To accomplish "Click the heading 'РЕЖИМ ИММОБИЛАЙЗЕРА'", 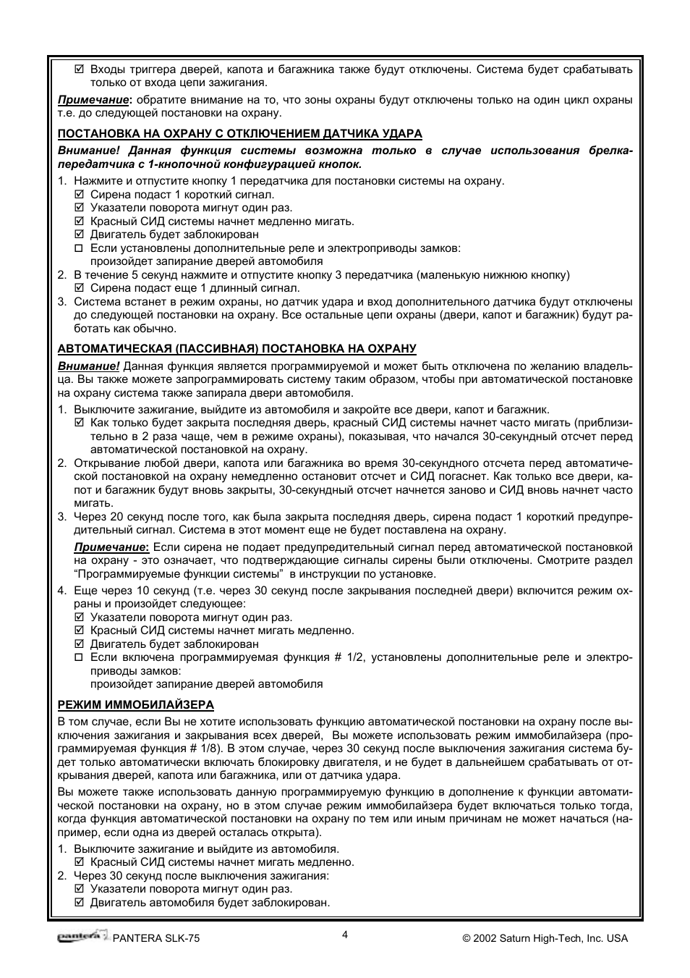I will coord(136,704).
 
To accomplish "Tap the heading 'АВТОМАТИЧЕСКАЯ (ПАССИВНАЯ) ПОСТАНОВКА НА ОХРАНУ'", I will coord(237,348).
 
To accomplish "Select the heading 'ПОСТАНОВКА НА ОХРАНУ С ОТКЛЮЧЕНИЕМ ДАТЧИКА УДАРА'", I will coord(239,133).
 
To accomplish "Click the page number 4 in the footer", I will coord(345,934).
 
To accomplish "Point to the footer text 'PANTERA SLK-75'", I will coord(156,938).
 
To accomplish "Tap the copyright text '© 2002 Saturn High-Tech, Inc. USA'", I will coord(545,938).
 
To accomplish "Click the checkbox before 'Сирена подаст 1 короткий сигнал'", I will coord(80,195).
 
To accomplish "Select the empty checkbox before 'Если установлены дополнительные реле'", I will coord(80,248).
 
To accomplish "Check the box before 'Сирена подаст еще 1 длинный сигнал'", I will coord(80,288).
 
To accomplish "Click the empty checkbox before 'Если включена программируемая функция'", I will coord(80,657).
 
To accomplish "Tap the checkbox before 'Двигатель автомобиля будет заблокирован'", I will coord(80,903).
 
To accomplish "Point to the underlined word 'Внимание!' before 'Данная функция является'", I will coord(88,366).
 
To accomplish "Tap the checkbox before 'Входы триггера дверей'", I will coord(80,69).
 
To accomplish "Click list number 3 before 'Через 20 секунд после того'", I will coord(62,516).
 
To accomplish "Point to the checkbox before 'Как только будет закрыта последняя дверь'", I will coord(80,423).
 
